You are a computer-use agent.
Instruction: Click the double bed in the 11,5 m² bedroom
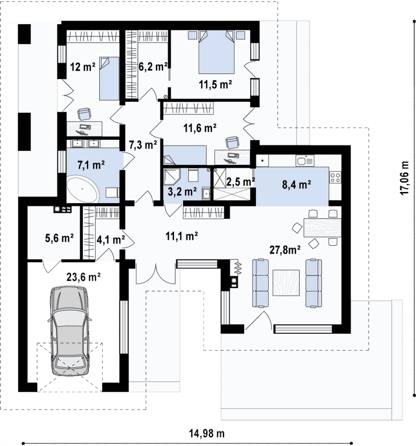tap(216, 52)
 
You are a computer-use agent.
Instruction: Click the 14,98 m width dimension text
tap(207, 434)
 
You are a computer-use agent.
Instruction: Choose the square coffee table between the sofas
tap(286, 283)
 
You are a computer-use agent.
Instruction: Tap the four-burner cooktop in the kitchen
tap(335, 177)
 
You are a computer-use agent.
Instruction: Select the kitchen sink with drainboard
tap(305, 160)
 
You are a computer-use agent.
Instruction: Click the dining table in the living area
tap(322, 227)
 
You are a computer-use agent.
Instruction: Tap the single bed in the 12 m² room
tap(110, 78)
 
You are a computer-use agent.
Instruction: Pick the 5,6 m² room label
tap(59, 238)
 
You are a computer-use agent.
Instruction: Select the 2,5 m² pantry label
tap(241, 182)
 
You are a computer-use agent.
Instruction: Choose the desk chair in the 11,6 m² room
tap(231, 142)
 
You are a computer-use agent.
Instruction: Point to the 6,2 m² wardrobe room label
tap(153, 67)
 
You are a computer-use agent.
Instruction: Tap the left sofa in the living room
tap(261, 283)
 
